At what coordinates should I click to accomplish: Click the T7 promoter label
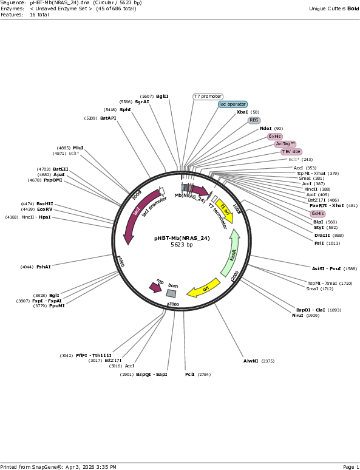tap(208, 96)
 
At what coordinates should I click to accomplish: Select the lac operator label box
tap(233, 104)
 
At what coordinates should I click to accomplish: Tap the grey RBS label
tap(254, 120)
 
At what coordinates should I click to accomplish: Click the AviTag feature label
tap(285, 144)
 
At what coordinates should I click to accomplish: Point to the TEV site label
tap(291, 152)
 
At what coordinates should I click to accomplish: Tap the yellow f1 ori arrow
tap(225, 211)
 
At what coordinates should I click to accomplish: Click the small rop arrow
tap(155, 287)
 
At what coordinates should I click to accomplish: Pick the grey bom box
tap(171, 293)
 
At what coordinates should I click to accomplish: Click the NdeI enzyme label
tap(265, 129)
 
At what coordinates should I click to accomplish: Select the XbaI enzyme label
tap(242, 112)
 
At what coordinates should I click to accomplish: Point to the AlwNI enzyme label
tap(251, 361)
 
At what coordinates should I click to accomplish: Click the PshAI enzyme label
tap(44, 267)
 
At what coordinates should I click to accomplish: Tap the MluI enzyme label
tap(78, 148)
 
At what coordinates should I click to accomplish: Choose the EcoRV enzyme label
tap(45, 209)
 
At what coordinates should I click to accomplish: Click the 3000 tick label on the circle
tap(174, 305)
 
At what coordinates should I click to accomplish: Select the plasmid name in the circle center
tap(182, 238)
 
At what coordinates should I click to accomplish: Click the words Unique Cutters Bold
tap(334, 9)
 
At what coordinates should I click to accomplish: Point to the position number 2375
tap(268, 361)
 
